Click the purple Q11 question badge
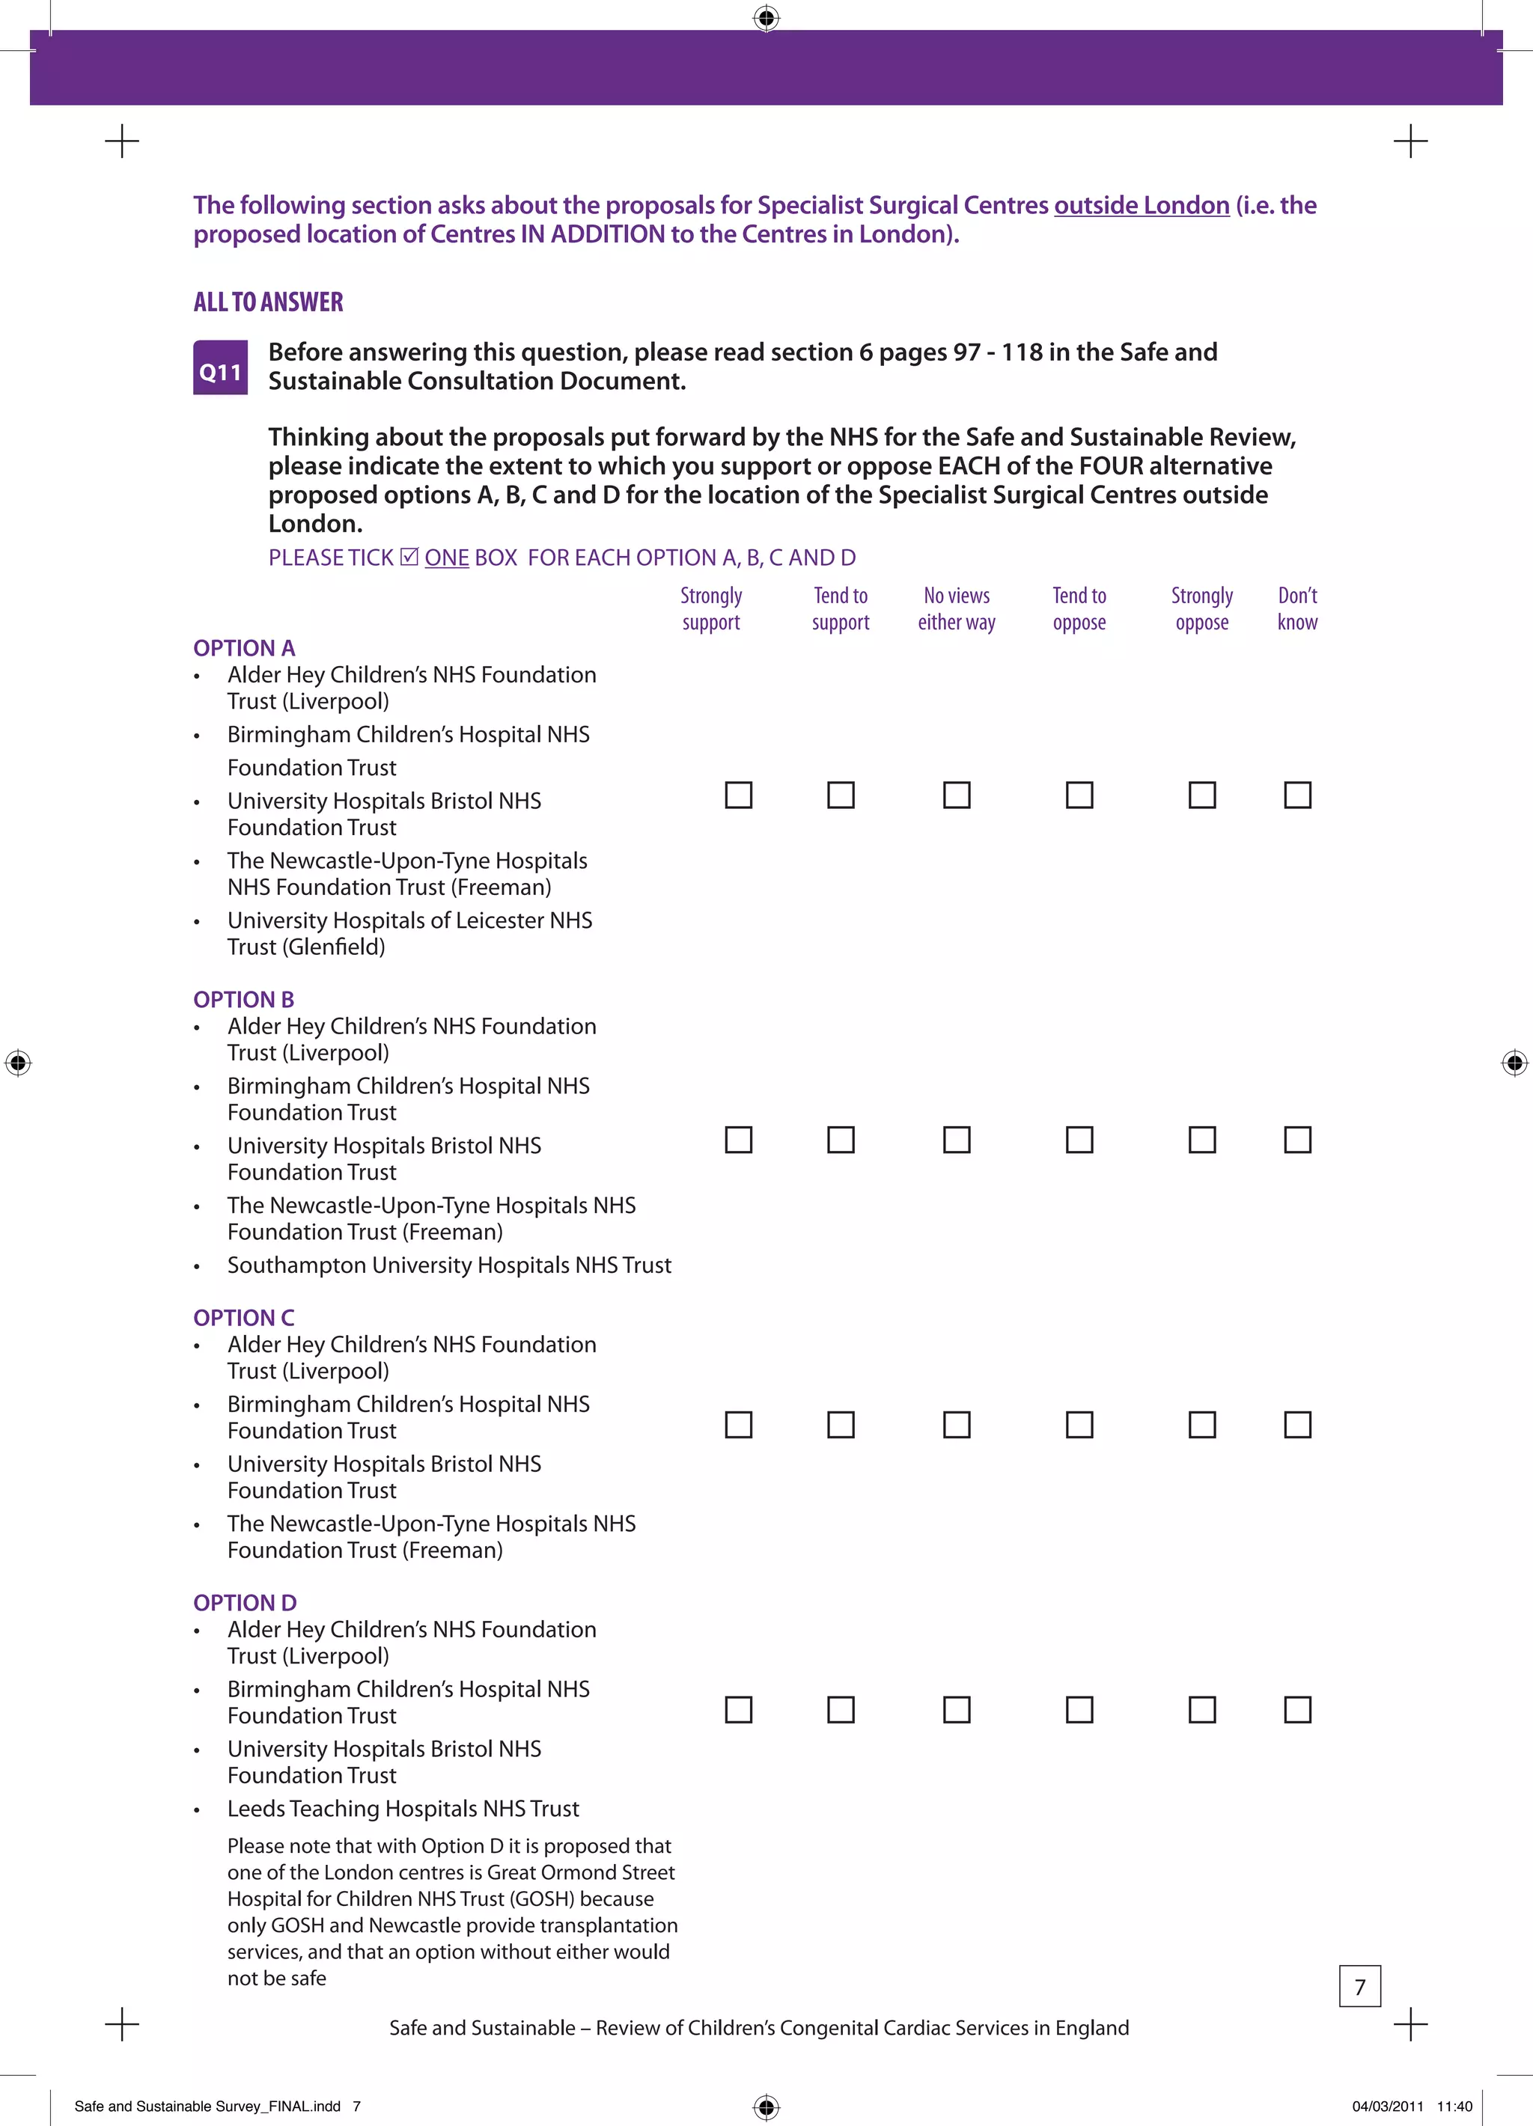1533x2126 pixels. pos(220,367)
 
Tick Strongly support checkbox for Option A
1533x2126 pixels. pos(739,795)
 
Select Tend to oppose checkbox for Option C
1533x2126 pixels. pos(1079,1425)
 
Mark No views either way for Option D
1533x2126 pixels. pos(957,1710)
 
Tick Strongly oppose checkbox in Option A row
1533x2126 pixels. pos(1202,795)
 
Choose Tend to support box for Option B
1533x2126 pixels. pos(841,1140)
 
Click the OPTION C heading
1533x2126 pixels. pos(244,1318)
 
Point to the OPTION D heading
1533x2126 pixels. pos(245,1603)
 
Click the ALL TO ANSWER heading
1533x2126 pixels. pos(268,302)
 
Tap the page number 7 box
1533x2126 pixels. pos(1359,1986)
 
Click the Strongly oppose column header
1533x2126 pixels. pos(1202,609)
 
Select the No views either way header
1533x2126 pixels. pos(957,609)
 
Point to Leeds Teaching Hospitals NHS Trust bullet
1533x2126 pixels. pos(403,1808)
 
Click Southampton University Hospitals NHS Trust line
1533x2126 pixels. pos(449,1265)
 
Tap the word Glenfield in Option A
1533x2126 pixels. pos(335,947)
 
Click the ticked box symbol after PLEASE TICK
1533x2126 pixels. pos(409,557)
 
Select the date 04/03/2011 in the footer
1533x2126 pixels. pos(1388,2107)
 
